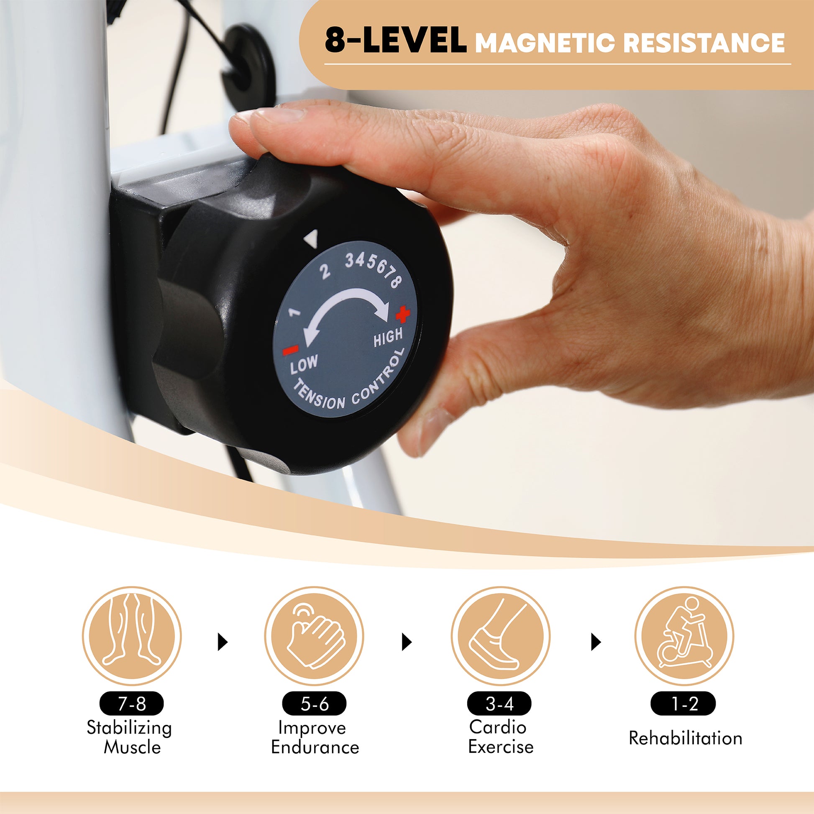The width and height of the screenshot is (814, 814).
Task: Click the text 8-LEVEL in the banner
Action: [x=396, y=41]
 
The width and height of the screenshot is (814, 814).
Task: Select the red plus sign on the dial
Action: [x=402, y=313]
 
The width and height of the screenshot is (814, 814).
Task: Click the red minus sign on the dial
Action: [x=291, y=350]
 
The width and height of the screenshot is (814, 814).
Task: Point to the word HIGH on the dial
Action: [x=388, y=337]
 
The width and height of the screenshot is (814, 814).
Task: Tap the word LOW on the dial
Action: [x=304, y=365]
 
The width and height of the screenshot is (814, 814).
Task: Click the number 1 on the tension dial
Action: [x=294, y=312]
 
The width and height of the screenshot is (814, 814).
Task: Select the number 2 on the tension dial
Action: [x=325, y=272]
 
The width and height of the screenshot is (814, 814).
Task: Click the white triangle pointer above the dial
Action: [x=311, y=239]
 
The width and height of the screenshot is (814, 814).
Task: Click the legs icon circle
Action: [x=132, y=636]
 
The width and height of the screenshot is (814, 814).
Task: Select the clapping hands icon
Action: [x=314, y=636]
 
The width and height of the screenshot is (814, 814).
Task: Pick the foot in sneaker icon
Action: [x=501, y=636]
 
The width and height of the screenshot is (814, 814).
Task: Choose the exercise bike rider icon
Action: [x=684, y=636]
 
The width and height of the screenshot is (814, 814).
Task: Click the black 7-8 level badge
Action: [x=132, y=704]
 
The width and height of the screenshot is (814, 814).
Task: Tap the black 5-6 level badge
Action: [x=314, y=704]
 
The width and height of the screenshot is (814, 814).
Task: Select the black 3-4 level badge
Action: [x=500, y=704]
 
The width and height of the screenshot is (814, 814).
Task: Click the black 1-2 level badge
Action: [x=683, y=704]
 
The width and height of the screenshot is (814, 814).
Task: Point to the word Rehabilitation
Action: [x=686, y=738]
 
